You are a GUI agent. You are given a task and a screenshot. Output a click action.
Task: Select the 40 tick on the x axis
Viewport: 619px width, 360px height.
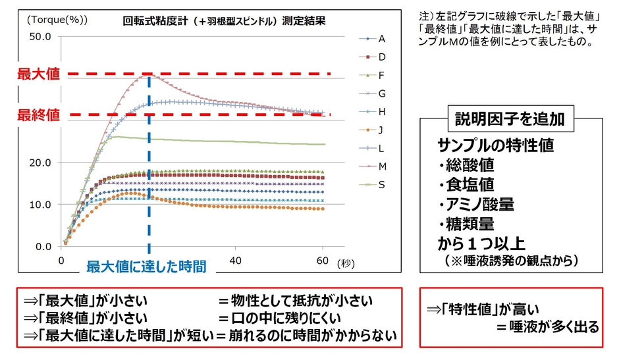pos(236,260)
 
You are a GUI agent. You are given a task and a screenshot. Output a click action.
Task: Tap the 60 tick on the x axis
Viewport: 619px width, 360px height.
pos(323,260)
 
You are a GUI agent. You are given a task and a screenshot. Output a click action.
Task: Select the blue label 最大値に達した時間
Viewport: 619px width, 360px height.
pos(146,267)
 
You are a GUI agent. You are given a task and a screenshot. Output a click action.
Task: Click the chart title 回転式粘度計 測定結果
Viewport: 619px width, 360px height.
pos(224,20)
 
